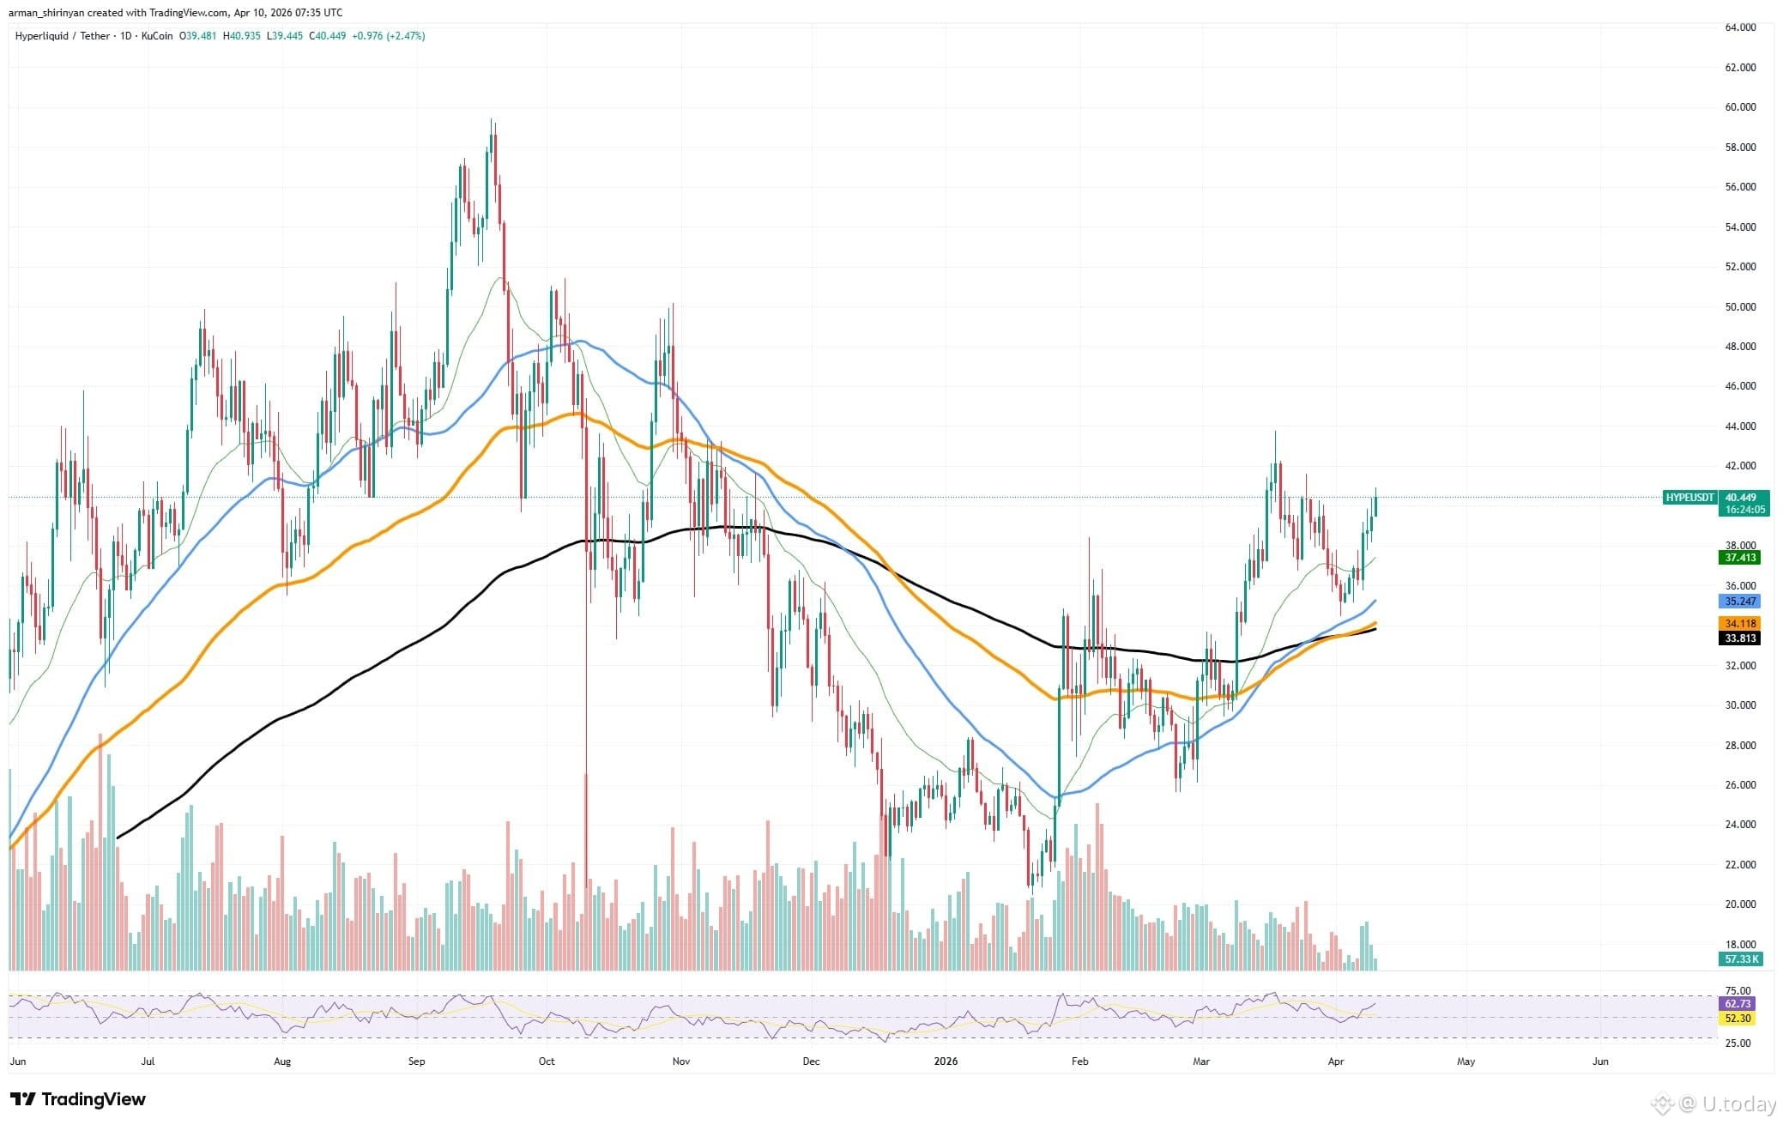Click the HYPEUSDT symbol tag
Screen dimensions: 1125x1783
pos(1689,498)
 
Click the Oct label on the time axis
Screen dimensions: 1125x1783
pos(547,1061)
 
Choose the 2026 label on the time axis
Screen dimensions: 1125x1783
pos(946,1061)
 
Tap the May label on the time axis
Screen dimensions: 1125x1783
pos(1466,1061)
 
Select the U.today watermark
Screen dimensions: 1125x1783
pos(1724,1104)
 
